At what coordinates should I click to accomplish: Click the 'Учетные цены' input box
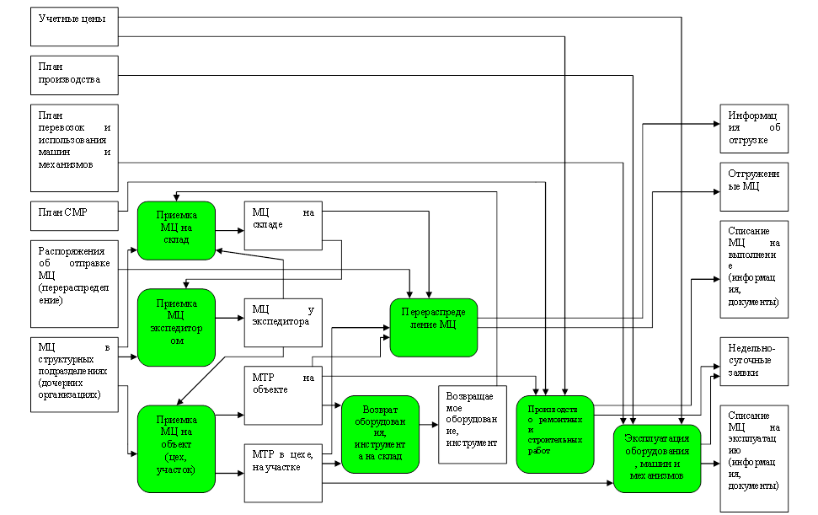[73, 26]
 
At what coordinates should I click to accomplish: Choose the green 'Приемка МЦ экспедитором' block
[177, 327]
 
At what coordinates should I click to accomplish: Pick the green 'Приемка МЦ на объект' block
[177, 448]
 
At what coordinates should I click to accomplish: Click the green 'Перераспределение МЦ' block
[434, 326]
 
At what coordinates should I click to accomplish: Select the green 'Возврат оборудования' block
[381, 434]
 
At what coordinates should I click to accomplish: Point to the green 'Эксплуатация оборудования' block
[657, 459]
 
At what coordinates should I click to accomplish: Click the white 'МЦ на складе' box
[283, 225]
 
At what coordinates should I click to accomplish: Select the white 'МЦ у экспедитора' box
[283, 322]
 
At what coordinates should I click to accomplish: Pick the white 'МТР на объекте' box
[283, 394]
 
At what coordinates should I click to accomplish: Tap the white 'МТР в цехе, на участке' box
[283, 471]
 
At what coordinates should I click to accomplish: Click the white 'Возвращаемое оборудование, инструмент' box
[472, 424]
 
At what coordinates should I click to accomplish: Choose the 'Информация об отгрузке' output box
[754, 127]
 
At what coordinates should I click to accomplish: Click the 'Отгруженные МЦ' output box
[754, 186]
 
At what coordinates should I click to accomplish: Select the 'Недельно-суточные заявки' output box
[754, 362]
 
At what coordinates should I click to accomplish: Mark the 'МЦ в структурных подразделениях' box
[73, 374]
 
